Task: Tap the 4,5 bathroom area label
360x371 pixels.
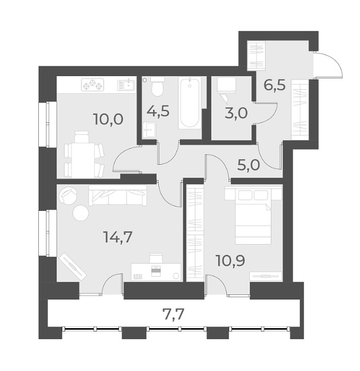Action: (x=158, y=111)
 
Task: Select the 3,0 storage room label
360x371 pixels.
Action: (x=236, y=113)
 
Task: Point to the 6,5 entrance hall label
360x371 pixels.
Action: (x=275, y=87)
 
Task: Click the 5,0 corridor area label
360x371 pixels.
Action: (x=249, y=166)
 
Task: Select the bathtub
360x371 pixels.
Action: (x=190, y=103)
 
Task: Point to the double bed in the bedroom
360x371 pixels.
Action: (x=253, y=216)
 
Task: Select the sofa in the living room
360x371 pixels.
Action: (x=118, y=197)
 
